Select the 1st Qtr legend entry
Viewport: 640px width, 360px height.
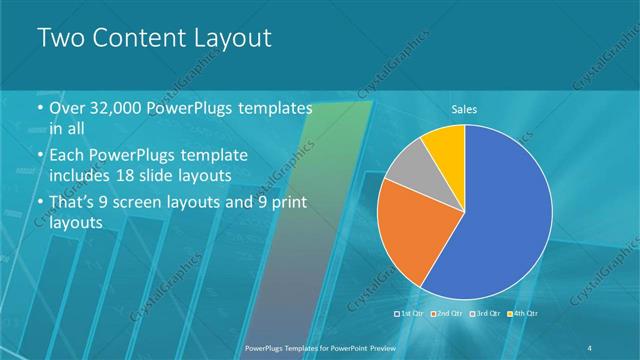(x=411, y=314)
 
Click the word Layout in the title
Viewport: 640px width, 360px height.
(x=227, y=39)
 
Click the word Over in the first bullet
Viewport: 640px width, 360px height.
(x=67, y=109)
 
